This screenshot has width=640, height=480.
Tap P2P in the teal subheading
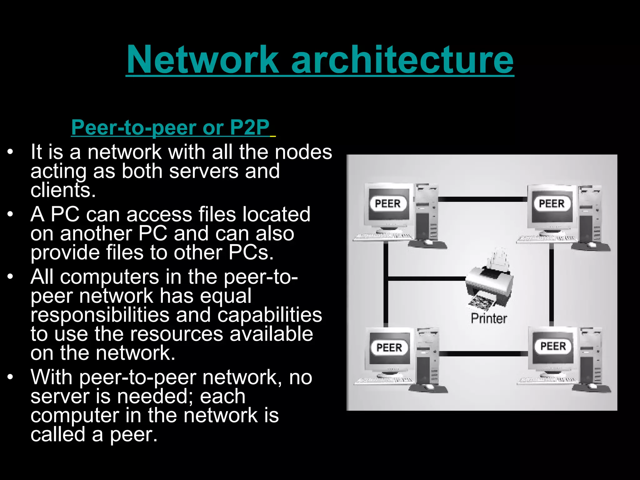[x=249, y=127]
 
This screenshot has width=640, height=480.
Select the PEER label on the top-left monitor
[x=387, y=203]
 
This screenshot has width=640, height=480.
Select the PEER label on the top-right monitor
[x=552, y=203]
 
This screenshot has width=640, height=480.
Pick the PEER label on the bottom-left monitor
[x=389, y=347]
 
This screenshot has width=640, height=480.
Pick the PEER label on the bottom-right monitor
[x=553, y=346]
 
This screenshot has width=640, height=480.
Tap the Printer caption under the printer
[x=489, y=319]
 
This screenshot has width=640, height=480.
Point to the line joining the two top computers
[x=483, y=199]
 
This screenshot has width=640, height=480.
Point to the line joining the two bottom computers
[x=484, y=353]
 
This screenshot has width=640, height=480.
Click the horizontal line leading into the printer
[x=427, y=278]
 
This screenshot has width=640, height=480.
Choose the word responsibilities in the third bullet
[x=100, y=315]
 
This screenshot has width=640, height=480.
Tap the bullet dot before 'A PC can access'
[x=11, y=214]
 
